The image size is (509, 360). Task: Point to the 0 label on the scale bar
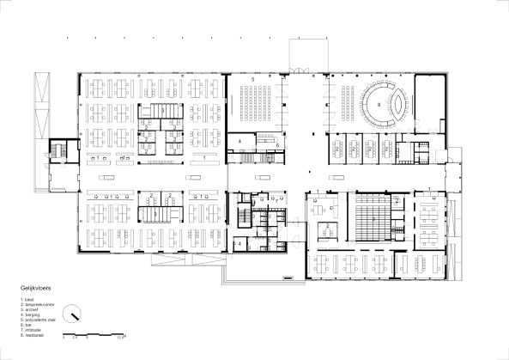tap(65, 338)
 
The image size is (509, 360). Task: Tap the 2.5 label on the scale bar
tap(76, 338)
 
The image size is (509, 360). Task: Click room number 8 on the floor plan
tap(379, 103)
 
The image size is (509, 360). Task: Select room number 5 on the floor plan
tap(253, 79)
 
